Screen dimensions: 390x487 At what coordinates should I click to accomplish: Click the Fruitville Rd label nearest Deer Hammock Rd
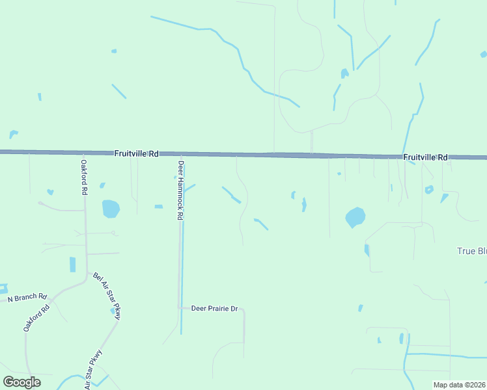click(136, 154)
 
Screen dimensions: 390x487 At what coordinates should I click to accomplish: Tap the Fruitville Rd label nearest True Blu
click(425, 157)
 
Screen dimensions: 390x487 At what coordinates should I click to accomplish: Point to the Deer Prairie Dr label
click(214, 308)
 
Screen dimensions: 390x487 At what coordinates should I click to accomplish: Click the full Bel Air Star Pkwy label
click(107, 296)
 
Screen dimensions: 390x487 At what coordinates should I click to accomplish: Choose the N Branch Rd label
click(27, 298)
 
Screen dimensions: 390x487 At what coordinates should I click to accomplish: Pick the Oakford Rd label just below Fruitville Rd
click(83, 177)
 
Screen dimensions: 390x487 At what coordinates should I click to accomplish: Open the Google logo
click(21, 382)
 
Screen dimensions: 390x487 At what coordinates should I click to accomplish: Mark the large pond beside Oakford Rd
click(111, 209)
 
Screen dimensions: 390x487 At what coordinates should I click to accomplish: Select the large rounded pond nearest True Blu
click(355, 217)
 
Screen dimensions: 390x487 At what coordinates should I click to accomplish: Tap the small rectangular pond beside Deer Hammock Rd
click(158, 207)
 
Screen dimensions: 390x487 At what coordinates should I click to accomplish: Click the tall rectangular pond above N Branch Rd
click(72, 265)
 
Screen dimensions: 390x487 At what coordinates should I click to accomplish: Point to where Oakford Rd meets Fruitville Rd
click(83, 153)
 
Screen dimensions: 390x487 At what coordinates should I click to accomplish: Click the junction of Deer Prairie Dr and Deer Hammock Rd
click(180, 307)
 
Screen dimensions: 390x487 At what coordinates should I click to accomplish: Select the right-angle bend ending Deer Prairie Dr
click(243, 310)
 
